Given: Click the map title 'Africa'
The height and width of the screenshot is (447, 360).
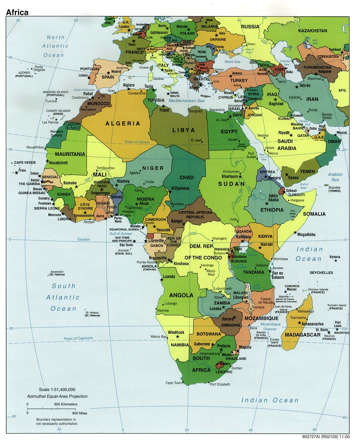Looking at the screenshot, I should pos(17,12).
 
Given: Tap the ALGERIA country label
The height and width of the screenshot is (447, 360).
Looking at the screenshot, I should pos(123,124).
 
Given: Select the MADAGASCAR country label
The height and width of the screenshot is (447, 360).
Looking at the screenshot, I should pos(303,335).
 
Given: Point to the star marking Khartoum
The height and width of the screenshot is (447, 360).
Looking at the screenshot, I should pos(240,176).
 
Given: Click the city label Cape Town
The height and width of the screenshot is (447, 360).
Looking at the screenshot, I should pos(173,383).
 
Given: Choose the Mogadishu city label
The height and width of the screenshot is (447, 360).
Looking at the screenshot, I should pos(306,234).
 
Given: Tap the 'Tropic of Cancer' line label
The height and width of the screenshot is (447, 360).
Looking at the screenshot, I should pos(137,142).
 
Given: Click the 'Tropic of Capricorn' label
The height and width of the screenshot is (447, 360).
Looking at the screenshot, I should pos(78,339).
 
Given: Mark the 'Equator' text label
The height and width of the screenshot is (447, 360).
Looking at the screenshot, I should pos(84,240).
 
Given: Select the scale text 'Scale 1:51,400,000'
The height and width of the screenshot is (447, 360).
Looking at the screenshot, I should pos(57,389).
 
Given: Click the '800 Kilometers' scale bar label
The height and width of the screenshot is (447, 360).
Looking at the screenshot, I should pos(66,404).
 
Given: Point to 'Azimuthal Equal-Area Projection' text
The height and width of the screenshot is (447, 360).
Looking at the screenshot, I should pos(57,396).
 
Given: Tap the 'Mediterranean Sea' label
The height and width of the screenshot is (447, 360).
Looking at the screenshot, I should pos(187,101).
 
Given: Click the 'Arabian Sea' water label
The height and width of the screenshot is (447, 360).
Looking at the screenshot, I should pos(335,177).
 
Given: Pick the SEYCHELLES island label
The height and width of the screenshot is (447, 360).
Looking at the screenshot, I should pos(321,273).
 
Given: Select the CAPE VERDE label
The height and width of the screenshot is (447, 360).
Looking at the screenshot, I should pos(25,162).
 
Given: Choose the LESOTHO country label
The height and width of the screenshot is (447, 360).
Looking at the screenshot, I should pos(224,372).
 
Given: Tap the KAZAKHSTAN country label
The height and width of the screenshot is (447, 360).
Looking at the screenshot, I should pos(312,31).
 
